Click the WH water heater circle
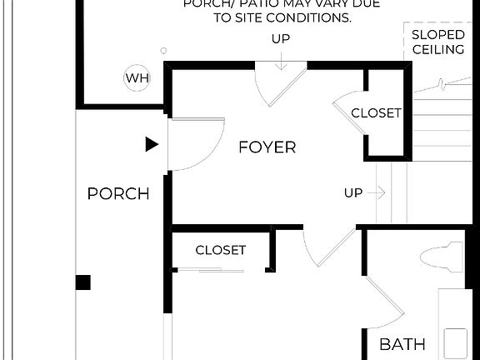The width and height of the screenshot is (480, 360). [136, 79]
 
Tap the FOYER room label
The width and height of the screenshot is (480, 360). [267, 147]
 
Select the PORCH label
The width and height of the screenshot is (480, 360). [118, 194]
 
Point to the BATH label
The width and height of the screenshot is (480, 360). [402, 344]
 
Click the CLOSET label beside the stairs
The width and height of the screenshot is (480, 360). [376, 112]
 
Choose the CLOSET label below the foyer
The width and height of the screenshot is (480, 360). [220, 250]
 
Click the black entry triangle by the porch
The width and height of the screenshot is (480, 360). [151, 144]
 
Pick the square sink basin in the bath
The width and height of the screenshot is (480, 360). [456, 342]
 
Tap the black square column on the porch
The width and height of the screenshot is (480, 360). [82, 282]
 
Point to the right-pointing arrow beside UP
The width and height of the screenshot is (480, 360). [376, 193]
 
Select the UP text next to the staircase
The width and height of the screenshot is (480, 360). [353, 193]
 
